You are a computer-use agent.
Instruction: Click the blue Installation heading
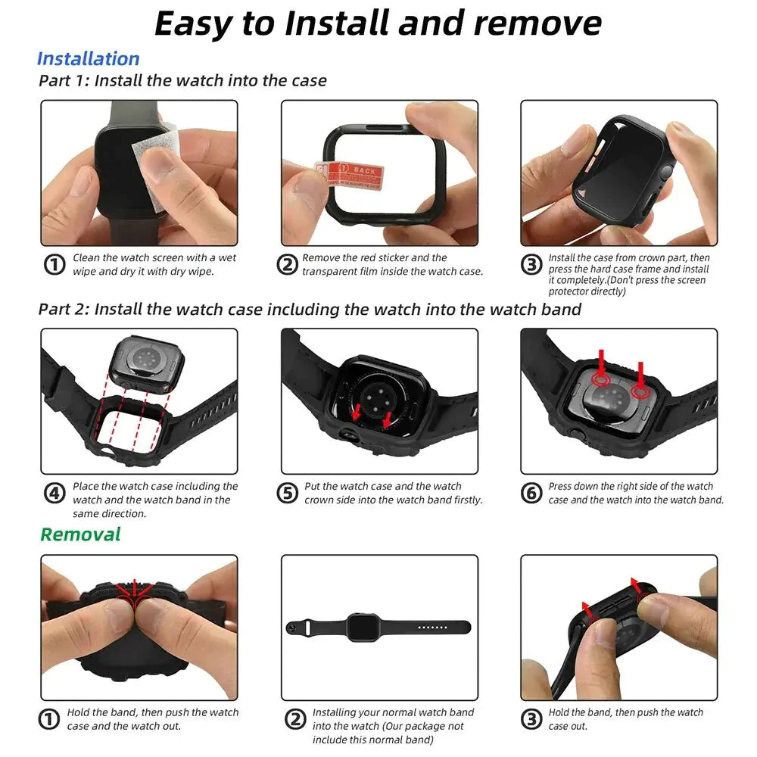click(x=88, y=59)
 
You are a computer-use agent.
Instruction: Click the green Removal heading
click(x=80, y=534)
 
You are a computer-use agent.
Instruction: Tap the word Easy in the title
click(x=194, y=23)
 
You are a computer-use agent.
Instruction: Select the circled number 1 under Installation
click(x=54, y=265)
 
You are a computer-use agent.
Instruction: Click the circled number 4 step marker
click(x=54, y=494)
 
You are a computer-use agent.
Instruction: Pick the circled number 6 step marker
click(x=531, y=494)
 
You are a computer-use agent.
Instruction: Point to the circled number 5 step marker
click(x=287, y=494)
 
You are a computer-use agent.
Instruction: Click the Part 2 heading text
click(x=310, y=309)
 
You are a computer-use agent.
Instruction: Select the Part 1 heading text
click(x=182, y=80)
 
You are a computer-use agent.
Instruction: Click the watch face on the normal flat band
click(x=359, y=627)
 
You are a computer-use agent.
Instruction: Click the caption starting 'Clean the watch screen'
click(x=154, y=265)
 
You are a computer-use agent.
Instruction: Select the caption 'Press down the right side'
click(x=635, y=493)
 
